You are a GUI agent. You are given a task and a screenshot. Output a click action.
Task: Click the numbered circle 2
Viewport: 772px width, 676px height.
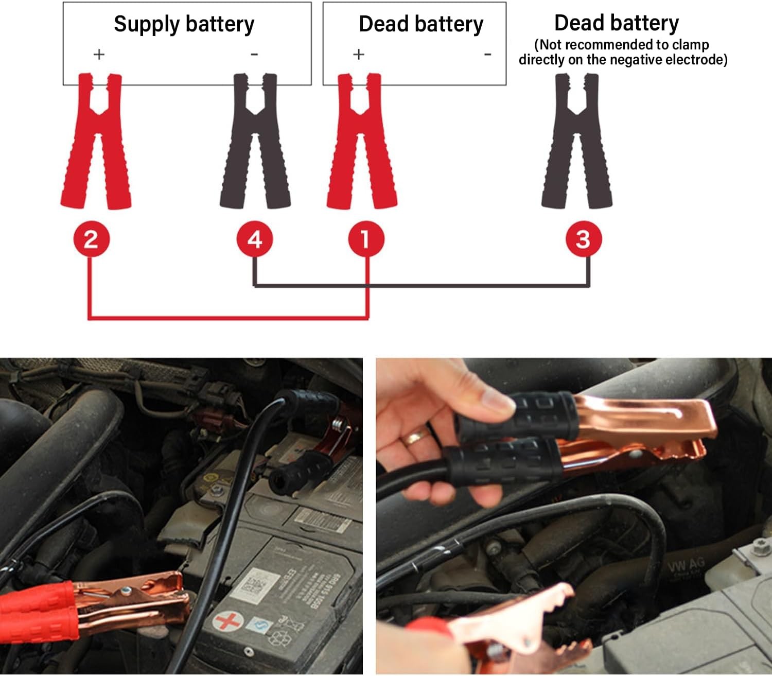91,239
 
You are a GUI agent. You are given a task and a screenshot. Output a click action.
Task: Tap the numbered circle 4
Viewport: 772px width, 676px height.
255,239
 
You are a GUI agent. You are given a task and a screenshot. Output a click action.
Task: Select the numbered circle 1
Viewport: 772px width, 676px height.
365,239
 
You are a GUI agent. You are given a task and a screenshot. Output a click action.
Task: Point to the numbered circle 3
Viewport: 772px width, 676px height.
583,239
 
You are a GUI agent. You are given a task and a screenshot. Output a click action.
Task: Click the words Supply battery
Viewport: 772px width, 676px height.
184,24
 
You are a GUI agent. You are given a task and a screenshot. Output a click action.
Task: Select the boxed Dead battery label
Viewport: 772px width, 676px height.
421,24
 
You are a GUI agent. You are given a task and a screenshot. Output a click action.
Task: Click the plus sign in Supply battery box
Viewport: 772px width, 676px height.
99,54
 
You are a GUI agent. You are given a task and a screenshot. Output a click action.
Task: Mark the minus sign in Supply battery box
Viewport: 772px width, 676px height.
254,54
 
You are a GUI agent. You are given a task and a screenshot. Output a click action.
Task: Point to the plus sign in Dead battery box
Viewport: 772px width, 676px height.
359,54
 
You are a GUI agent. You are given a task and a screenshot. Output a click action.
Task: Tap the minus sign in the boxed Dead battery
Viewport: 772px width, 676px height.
487,54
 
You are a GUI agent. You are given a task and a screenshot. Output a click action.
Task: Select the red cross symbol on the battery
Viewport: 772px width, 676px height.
227,621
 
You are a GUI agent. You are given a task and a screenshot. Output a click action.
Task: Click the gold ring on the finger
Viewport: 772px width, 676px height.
415,438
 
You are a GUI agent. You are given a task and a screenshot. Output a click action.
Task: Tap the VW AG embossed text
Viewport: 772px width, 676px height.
687,567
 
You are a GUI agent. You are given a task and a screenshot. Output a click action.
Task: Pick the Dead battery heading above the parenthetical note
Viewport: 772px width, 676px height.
616,23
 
